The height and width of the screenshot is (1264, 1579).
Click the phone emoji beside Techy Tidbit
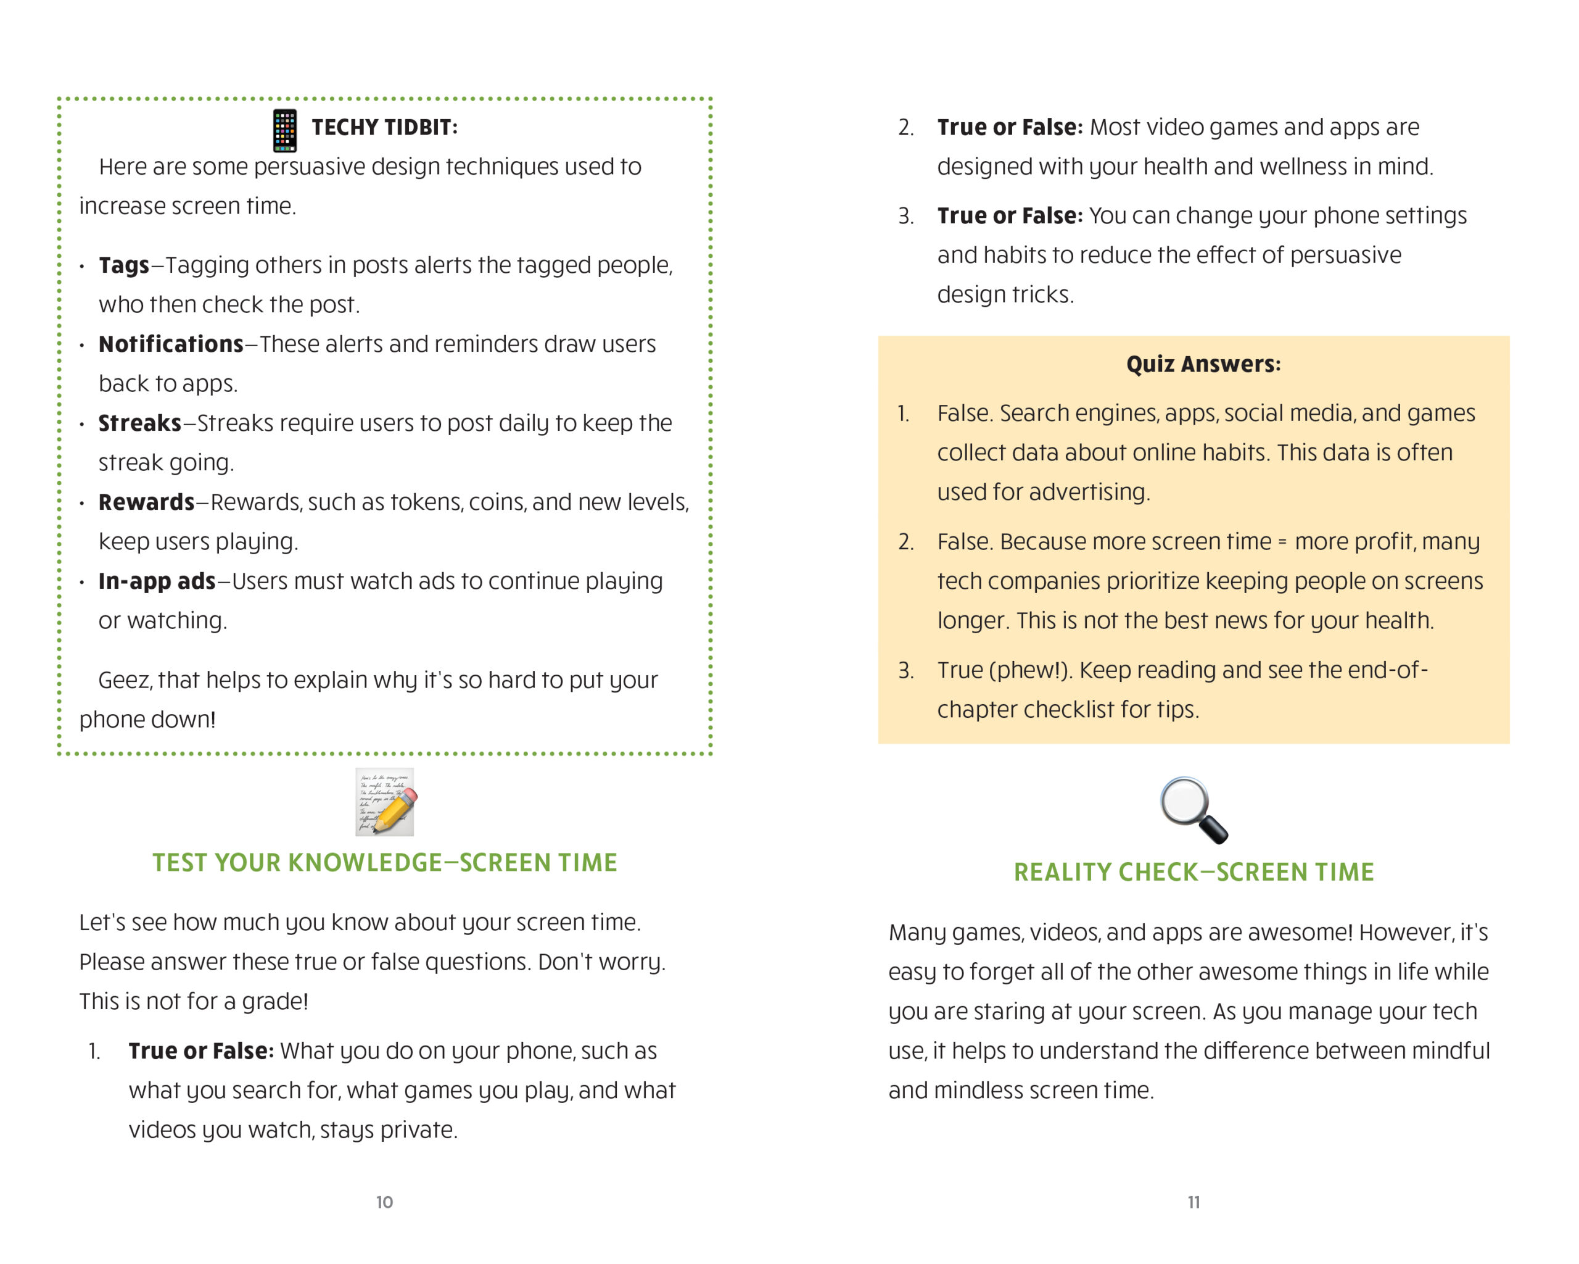[x=284, y=130]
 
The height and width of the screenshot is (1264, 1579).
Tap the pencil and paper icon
[x=384, y=802]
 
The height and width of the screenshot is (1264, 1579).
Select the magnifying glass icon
[x=1194, y=810]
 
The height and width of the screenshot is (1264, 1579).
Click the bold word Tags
[x=124, y=265]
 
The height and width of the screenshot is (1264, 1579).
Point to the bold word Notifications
[x=171, y=344]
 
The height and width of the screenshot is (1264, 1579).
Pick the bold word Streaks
[x=139, y=423]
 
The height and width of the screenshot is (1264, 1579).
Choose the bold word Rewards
[x=146, y=502]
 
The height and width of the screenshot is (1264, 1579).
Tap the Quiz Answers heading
[x=1203, y=364]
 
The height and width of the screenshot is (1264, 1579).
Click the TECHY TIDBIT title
[x=384, y=128]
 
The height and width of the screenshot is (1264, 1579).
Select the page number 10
[x=384, y=1202]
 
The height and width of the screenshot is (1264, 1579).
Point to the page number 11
[x=1194, y=1202]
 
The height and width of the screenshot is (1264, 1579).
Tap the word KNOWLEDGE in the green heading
[x=365, y=863]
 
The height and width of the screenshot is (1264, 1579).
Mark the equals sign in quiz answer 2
[x=1282, y=543]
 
